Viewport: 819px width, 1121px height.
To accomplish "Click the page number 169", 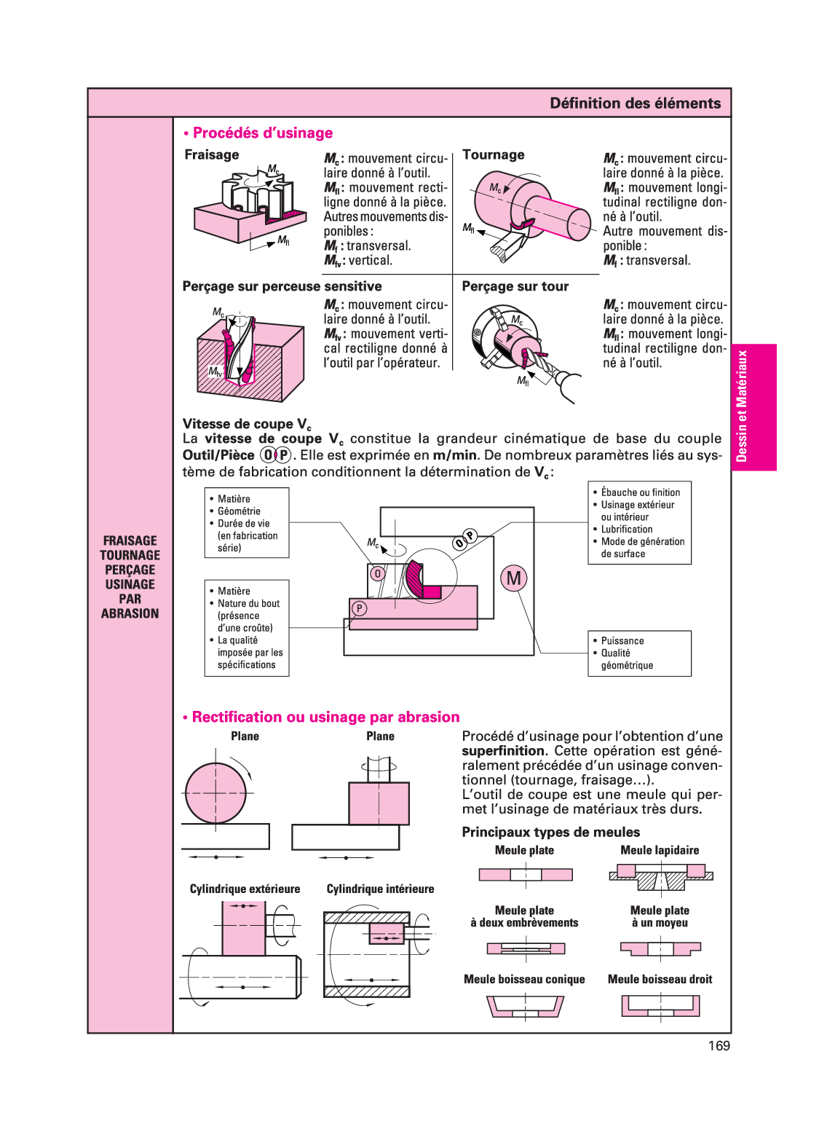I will (x=719, y=1046).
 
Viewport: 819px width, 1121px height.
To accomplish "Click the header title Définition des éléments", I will (x=635, y=103).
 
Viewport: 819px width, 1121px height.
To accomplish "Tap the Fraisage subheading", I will (x=212, y=155).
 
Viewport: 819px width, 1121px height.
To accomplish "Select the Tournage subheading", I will (x=494, y=155).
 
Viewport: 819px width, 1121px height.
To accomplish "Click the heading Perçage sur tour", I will (x=515, y=287).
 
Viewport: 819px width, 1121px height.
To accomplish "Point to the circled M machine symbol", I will (x=514, y=578).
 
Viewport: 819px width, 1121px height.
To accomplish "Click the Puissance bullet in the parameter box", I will (x=622, y=641).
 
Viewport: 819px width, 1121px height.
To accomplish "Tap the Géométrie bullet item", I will (x=239, y=511).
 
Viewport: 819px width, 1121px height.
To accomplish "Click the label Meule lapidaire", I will (x=660, y=851).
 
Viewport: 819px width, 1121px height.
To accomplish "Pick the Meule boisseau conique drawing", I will (x=525, y=1007).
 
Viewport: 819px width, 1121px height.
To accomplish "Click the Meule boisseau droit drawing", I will (x=660, y=1006).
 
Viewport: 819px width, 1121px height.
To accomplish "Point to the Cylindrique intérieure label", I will (x=380, y=889).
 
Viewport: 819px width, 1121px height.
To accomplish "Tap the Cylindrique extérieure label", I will (x=245, y=889).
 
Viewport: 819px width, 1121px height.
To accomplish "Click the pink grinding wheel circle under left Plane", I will (x=215, y=793).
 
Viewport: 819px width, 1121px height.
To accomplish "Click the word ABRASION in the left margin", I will (x=130, y=614).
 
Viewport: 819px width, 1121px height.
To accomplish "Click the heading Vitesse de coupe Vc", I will (x=247, y=424).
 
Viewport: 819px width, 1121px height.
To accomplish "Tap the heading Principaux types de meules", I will (x=550, y=833).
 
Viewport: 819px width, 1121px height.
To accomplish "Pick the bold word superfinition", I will (x=503, y=751).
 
